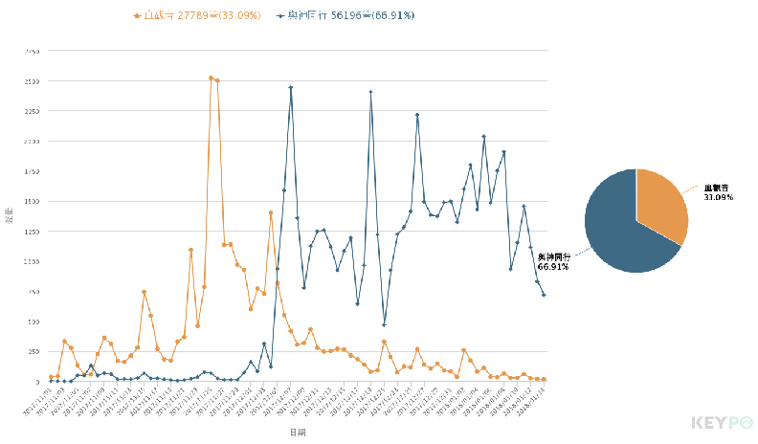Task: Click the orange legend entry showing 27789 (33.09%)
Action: point(197,15)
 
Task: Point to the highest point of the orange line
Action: point(211,78)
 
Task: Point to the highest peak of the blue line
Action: point(291,87)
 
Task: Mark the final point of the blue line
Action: point(544,295)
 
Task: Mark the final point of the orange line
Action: point(544,379)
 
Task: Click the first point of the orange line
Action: point(51,377)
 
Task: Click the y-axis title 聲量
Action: point(10,214)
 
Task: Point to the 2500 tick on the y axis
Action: point(33,81)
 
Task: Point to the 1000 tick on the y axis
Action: point(33,261)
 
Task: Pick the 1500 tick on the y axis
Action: point(33,201)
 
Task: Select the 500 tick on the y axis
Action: point(34,322)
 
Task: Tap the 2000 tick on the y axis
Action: point(33,142)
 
